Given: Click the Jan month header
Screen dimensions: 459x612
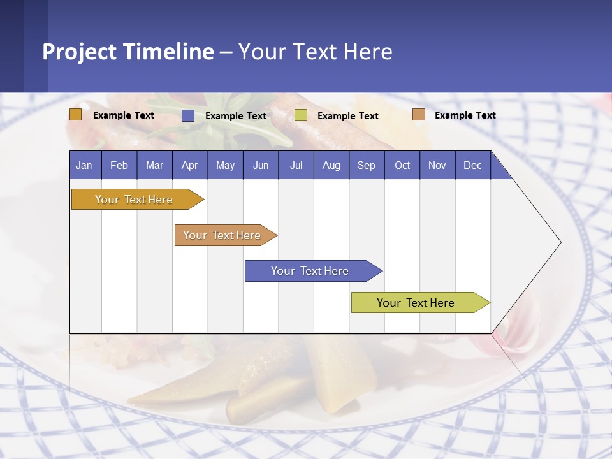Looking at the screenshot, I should click(x=84, y=165).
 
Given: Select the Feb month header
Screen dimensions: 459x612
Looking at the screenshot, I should click(x=119, y=165).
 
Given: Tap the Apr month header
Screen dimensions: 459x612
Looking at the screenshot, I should click(x=189, y=165).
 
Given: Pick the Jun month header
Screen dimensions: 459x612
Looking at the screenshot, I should click(x=261, y=165).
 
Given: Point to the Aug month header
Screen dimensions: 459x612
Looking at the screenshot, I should click(x=331, y=165).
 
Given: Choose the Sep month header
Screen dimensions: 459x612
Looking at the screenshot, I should click(x=366, y=165).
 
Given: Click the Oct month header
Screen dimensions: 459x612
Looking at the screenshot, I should click(x=402, y=165).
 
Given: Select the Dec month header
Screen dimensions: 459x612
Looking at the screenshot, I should click(x=472, y=165).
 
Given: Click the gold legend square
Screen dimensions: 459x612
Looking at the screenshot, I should click(x=75, y=115).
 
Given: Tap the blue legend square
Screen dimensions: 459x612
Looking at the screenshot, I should click(x=188, y=115).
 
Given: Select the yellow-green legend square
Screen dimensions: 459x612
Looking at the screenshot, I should click(x=301, y=115).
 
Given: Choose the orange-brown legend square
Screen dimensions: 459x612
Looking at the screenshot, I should click(x=418, y=115).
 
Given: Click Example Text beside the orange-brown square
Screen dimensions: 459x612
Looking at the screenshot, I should click(x=465, y=115).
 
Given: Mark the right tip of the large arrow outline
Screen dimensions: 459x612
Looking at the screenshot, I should click(x=560, y=242).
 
